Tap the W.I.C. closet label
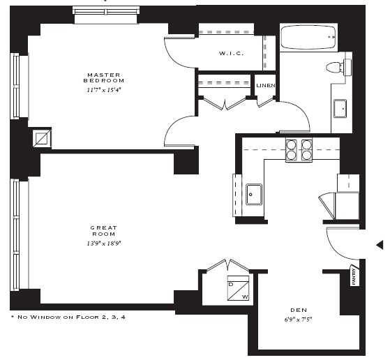(231, 54)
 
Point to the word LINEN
(266, 85)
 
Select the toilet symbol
(337, 67)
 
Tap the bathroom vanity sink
(341, 109)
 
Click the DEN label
(299, 310)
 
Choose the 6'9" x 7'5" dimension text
(299, 320)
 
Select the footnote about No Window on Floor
(68, 317)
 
